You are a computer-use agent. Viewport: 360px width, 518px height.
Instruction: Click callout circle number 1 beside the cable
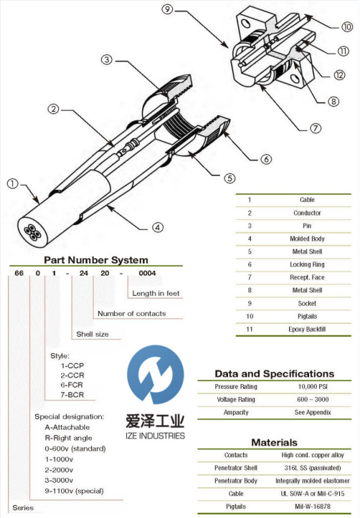(13, 183)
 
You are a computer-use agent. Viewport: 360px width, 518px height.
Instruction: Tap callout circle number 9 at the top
(167, 9)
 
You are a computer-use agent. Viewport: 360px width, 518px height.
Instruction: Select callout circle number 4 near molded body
(157, 227)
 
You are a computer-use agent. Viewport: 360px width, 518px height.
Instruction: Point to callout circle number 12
(339, 75)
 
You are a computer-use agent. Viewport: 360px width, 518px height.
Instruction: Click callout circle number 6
(266, 159)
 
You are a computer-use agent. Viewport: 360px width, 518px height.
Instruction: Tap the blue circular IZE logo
(155, 374)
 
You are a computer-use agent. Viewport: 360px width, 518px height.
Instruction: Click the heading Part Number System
(96, 260)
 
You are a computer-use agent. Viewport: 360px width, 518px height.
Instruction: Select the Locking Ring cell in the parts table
(307, 264)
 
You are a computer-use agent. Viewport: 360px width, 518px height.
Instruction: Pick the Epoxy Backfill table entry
(307, 329)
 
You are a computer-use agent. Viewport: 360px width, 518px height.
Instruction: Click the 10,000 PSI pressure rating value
(313, 386)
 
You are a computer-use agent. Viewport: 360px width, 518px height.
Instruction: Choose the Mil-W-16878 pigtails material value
(313, 506)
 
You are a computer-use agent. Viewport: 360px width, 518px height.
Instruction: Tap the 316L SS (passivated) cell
(313, 468)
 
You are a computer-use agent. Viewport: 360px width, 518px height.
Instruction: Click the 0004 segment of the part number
(147, 273)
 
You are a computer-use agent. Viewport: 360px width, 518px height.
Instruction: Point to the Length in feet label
(156, 293)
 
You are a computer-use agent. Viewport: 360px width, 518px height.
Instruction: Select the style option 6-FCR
(72, 385)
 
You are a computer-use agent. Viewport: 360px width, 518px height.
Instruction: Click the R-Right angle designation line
(68, 438)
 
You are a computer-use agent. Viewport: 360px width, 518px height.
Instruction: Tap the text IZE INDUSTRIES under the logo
(155, 436)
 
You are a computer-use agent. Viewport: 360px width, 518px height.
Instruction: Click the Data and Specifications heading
(275, 374)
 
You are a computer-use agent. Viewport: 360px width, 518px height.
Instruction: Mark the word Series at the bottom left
(23, 508)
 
